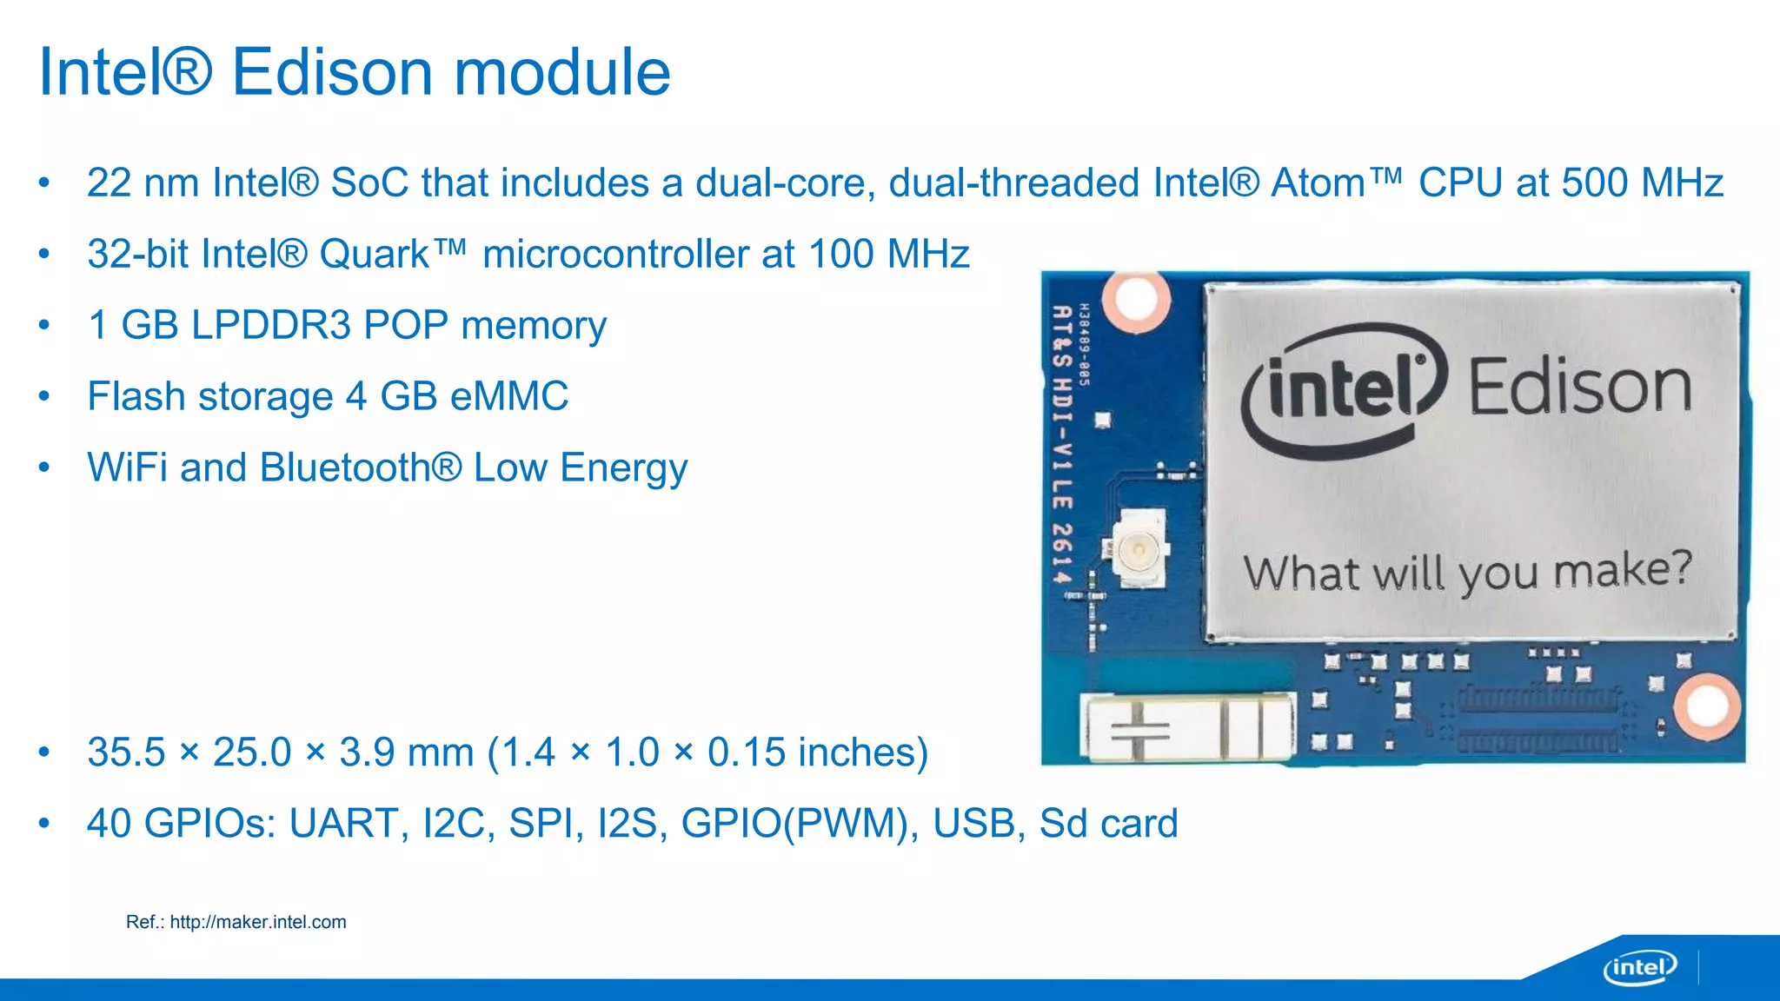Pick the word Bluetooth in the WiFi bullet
click(346, 468)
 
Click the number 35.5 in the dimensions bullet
click(126, 752)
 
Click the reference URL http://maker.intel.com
click(257, 922)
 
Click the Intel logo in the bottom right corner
click(1639, 967)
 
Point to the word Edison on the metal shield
click(1579, 388)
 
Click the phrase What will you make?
click(1467, 573)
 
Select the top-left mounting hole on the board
click(1136, 299)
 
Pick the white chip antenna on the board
click(1186, 726)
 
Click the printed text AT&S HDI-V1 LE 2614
click(1061, 443)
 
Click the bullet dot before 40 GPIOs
click(44, 823)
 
